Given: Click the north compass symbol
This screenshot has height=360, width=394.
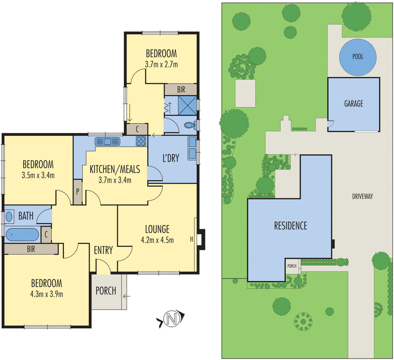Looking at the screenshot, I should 172,320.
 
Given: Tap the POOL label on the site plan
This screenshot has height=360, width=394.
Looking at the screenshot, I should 358,57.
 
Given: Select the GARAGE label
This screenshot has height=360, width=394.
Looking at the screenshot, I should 353,104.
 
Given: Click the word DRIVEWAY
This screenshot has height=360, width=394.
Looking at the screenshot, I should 362,196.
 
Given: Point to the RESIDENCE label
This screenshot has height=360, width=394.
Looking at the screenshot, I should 290,226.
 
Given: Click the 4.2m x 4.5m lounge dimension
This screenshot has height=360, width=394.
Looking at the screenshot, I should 157,241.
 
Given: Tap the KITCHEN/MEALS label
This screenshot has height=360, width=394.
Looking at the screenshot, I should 115,169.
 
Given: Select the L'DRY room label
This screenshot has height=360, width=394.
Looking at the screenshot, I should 172,159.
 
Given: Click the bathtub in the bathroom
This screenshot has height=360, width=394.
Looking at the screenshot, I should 23,233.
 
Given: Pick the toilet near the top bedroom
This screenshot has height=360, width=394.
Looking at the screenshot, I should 189,125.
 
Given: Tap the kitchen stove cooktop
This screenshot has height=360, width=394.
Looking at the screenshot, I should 140,141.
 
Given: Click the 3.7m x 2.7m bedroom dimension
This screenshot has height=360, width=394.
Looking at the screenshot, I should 161,64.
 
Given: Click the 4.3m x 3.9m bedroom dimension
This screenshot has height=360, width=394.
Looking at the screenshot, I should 47,295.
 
